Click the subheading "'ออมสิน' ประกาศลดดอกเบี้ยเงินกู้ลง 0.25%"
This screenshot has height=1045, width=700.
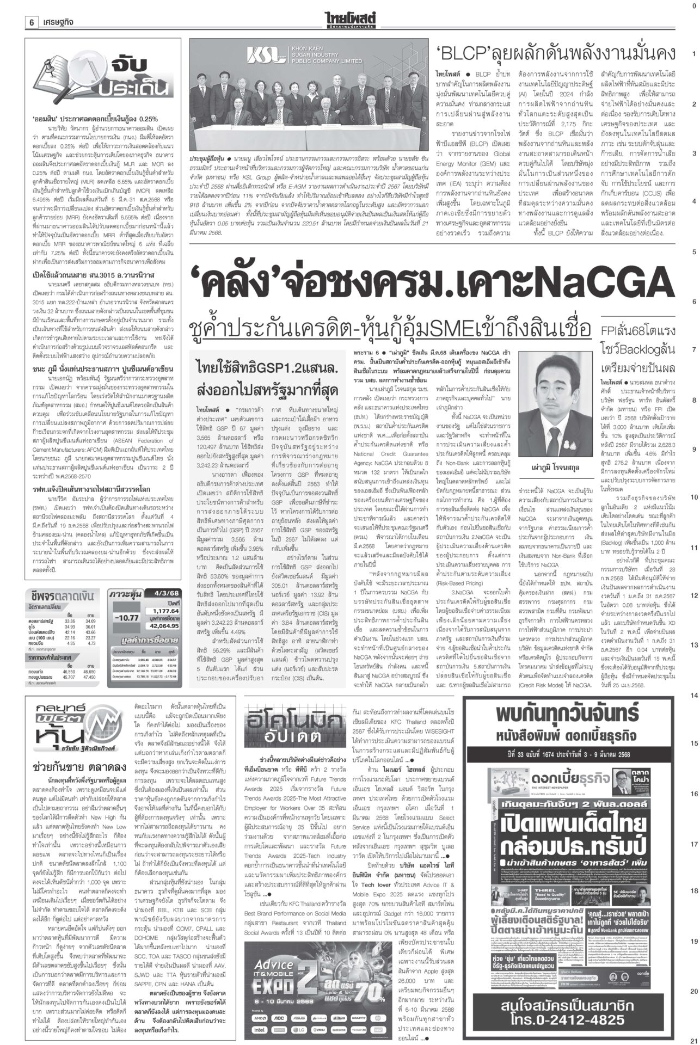[x=95, y=118]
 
